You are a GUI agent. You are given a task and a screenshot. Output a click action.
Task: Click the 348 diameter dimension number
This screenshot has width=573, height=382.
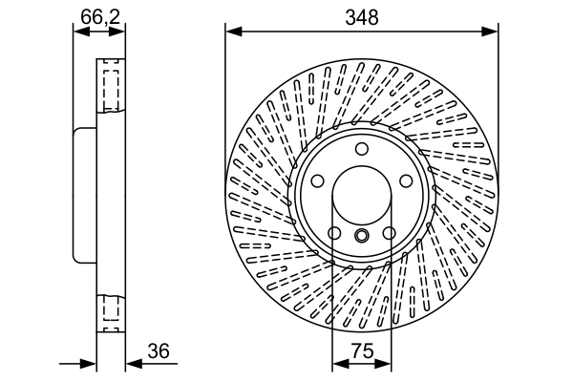point(362,17)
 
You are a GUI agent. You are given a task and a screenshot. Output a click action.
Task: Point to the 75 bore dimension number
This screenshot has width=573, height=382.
point(362,350)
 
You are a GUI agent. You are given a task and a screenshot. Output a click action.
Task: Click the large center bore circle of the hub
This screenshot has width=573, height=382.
point(361,196)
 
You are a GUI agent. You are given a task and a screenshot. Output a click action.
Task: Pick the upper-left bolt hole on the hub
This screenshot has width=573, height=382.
point(316,181)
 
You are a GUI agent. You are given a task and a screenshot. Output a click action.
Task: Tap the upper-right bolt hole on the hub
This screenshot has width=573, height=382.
point(407,181)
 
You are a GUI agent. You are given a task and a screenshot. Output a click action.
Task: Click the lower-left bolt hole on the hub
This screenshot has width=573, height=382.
point(333,234)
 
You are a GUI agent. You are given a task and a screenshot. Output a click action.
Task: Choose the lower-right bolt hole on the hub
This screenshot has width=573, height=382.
point(390,234)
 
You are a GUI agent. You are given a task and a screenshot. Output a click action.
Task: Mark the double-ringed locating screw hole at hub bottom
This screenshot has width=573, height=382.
point(361,236)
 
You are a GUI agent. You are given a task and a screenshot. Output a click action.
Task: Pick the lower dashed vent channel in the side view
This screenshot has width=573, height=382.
point(110,313)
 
